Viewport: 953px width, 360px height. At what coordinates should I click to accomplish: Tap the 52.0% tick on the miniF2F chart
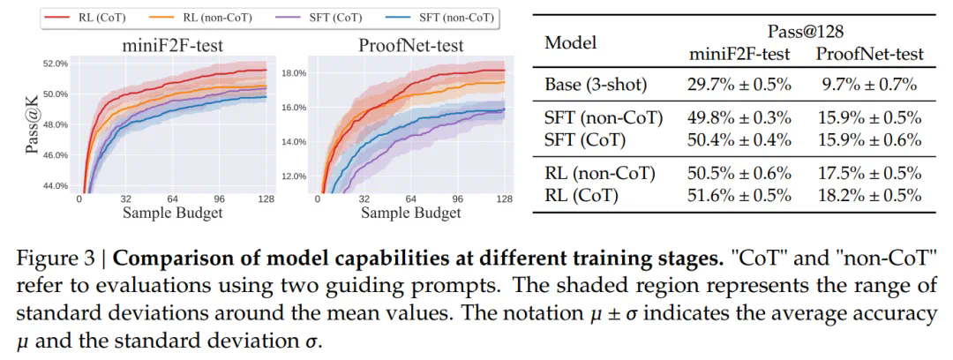tap(55, 64)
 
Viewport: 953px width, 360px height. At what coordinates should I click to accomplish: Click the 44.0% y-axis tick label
tap(55, 185)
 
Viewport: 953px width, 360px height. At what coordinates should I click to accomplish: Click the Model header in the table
tap(570, 42)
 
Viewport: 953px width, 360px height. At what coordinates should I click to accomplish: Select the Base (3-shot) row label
tap(597, 86)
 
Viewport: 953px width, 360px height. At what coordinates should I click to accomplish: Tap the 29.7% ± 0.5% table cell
tap(739, 86)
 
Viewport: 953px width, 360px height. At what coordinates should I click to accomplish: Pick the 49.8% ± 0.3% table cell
tap(739, 118)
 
